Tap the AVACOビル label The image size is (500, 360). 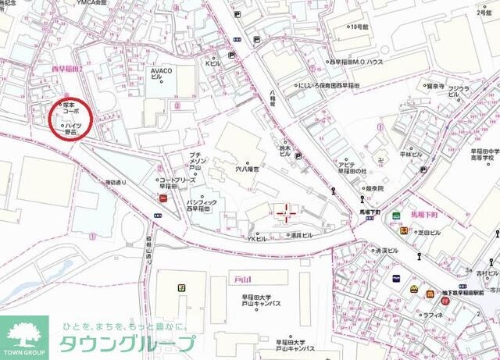coord(162,73)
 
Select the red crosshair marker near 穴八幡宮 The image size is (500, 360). coord(285,212)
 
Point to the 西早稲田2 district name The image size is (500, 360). coord(67,69)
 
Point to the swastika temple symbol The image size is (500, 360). coord(377,163)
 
